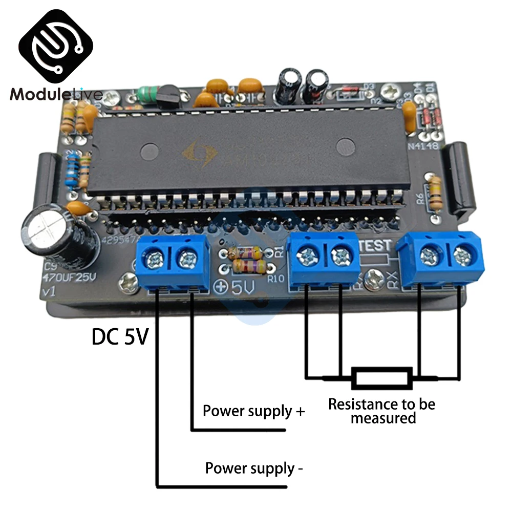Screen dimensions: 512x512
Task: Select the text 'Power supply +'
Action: point(253,411)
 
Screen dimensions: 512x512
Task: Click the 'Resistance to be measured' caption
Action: point(381,411)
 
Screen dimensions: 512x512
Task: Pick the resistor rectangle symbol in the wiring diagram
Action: point(381,378)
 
